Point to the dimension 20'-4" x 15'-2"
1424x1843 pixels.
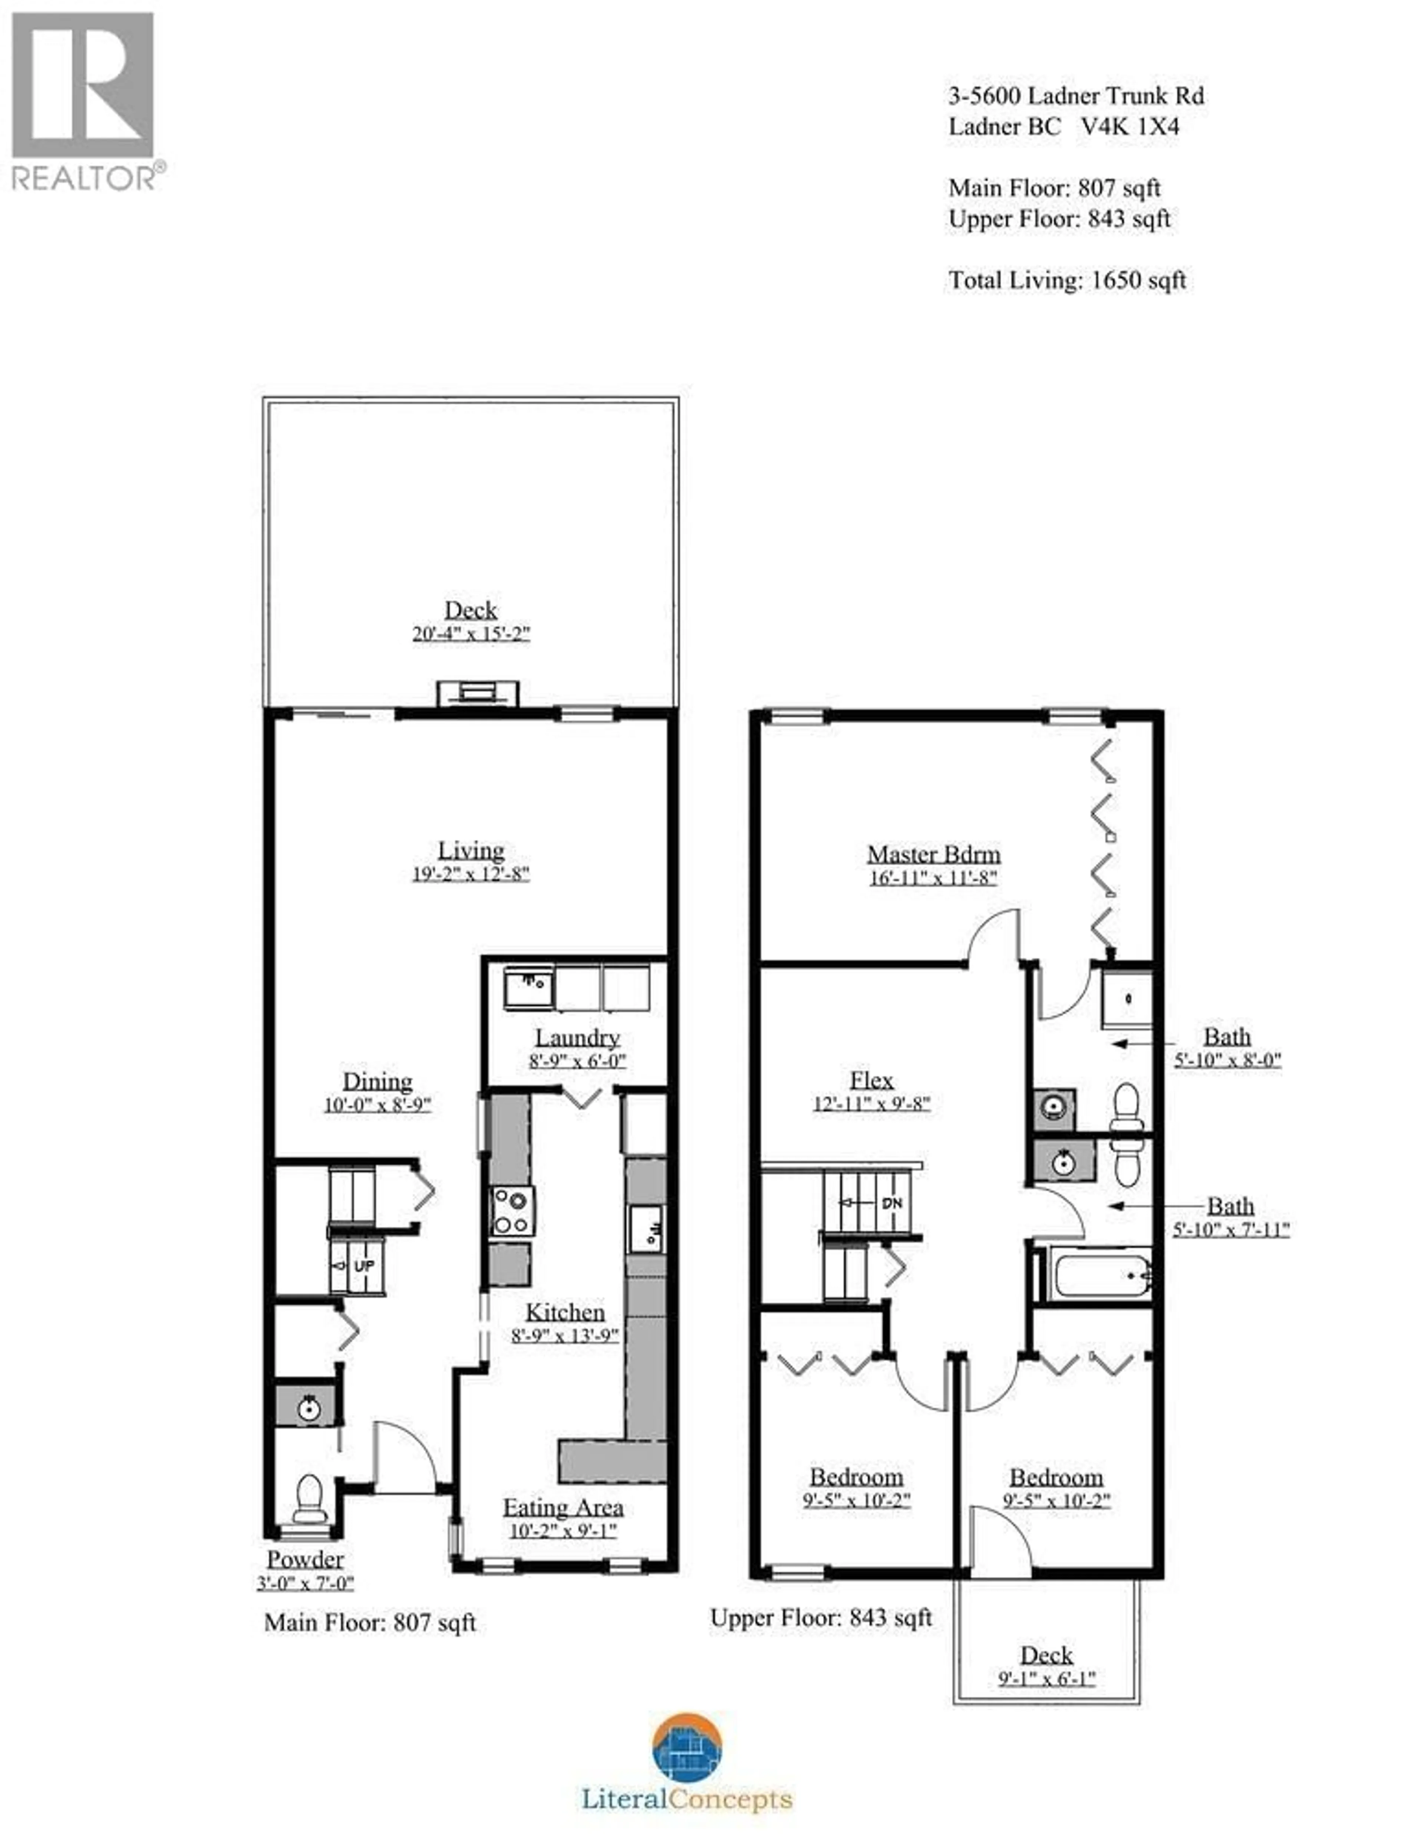[x=471, y=634]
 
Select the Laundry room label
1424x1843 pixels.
[x=577, y=1038]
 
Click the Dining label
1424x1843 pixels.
[x=377, y=1082]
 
